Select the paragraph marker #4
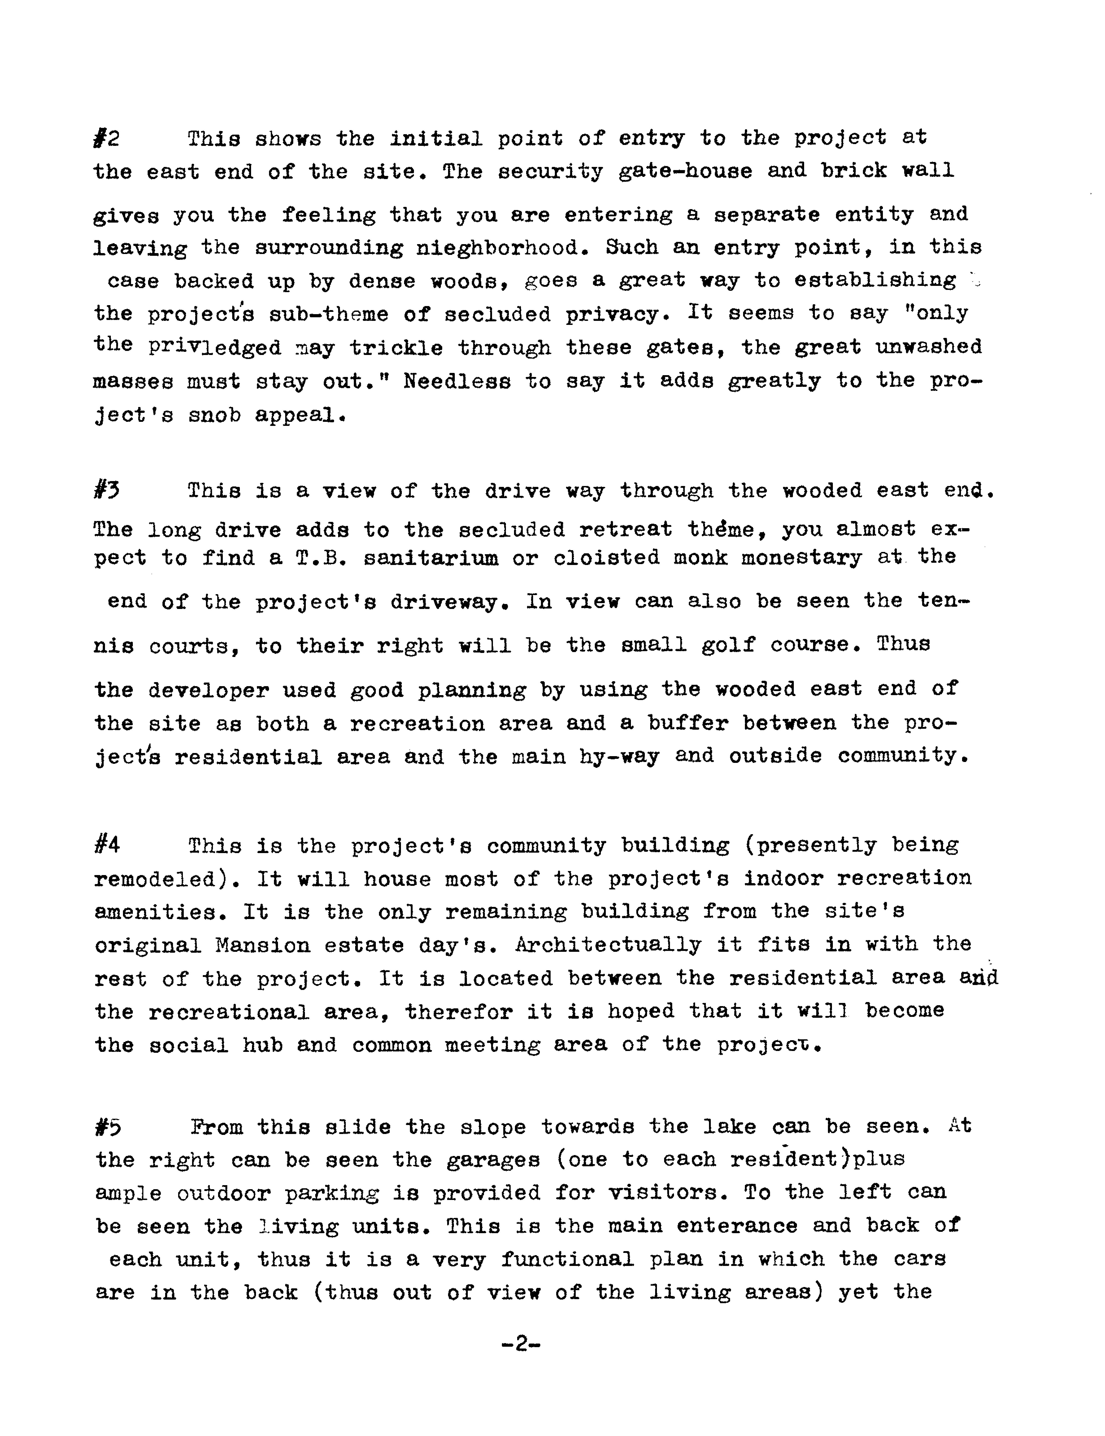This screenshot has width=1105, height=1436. coord(107,845)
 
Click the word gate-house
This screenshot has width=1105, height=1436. coord(685,172)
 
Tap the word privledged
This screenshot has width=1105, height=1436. coord(214,347)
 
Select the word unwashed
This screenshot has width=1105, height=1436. coord(928,346)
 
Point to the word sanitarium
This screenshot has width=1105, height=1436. coord(431,558)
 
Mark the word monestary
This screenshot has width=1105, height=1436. coord(801,558)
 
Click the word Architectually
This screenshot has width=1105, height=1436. coord(608,945)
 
